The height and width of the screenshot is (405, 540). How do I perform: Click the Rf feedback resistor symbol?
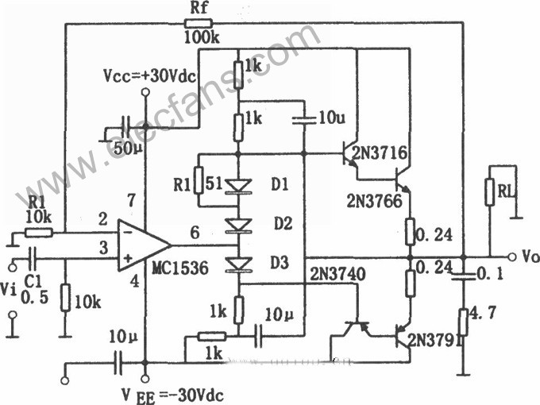click(199, 23)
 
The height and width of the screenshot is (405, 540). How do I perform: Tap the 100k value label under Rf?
click(202, 37)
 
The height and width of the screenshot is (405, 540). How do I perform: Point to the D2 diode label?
click(283, 224)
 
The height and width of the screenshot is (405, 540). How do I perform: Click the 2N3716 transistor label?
click(380, 152)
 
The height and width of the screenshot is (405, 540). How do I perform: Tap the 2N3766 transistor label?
click(374, 201)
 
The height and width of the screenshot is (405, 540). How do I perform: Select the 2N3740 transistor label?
click(337, 274)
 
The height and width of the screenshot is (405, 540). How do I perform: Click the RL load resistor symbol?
click(490, 192)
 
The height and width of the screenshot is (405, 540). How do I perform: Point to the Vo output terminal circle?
click(512, 257)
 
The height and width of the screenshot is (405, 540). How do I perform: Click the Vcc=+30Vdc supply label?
click(149, 76)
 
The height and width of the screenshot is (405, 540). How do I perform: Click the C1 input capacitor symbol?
click(32, 259)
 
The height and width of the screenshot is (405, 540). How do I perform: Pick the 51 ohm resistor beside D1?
click(199, 179)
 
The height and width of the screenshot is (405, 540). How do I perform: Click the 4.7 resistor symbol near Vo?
click(464, 322)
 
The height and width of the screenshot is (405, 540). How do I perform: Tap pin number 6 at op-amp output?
click(195, 233)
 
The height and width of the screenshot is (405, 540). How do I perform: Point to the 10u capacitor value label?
click(331, 118)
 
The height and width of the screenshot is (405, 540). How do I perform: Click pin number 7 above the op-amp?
click(131, 200)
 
